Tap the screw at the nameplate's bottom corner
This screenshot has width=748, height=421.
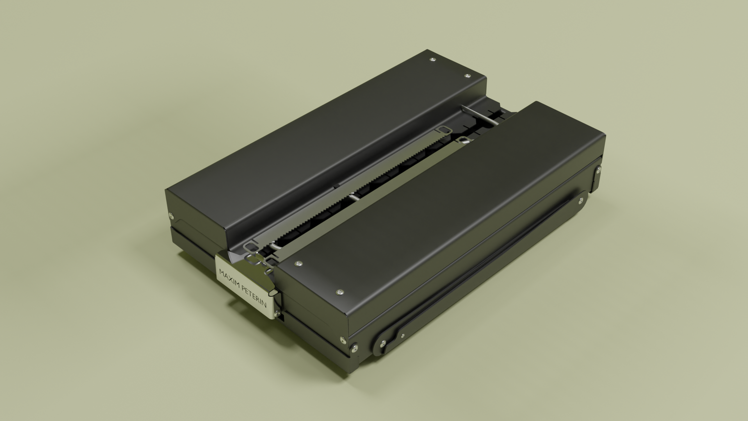277,314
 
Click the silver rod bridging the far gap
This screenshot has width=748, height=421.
480,115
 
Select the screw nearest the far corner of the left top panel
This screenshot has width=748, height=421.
432,60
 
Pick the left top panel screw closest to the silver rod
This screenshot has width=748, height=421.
468,76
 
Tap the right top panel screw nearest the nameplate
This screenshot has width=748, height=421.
299,264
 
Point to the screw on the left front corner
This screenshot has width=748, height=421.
171,216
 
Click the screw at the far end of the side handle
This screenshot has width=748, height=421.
581,201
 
